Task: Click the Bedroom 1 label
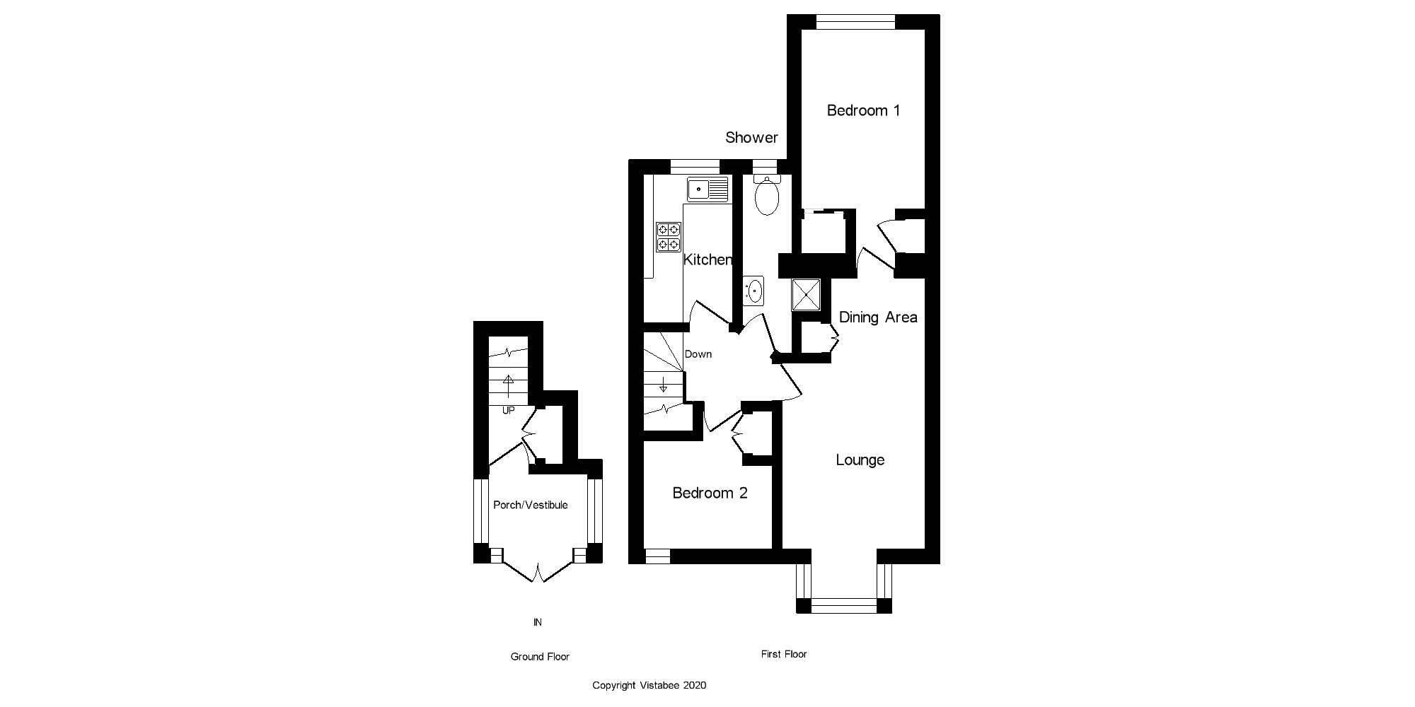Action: pos(863,110)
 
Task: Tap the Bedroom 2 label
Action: pos(710,493)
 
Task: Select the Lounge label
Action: pos(860,460)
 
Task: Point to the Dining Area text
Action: pos(877,317)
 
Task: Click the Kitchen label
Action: pos(707,259)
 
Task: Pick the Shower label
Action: pos(751,138)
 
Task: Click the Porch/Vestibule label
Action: pos(530,505)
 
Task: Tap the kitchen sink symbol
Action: pos(707,189)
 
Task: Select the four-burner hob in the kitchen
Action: pos(669,237)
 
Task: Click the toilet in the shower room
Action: pos(767,194)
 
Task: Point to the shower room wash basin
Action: pos(754,291)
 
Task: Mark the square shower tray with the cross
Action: pos(806,295)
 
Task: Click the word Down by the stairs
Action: pos(698,354)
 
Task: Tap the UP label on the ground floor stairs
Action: pos(508,410)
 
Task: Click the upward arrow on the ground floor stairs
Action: pos(508,385)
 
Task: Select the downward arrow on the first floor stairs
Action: pos(663,385)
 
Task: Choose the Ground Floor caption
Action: pos(540,657)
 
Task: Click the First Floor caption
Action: pos(784,654)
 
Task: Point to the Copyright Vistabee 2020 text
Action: pos(649,685)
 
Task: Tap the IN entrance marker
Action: pos(538,622)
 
